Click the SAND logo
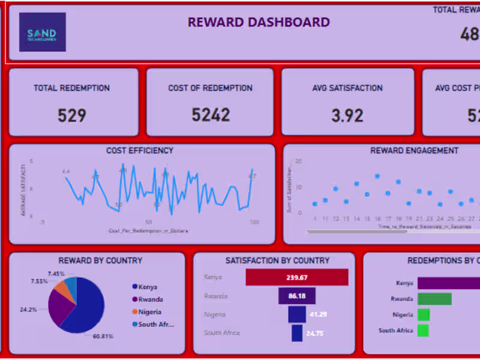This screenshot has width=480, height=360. point(42,32)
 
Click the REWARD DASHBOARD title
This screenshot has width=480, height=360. point(259,22)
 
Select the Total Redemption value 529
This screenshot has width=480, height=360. point(71,115)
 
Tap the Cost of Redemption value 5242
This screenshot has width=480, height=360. point(211,115)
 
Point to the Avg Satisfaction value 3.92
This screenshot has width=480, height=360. point(347,115)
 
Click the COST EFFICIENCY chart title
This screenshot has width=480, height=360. point(140,151)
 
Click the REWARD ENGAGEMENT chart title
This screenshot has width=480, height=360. point(414,151)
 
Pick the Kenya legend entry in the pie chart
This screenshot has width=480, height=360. point(146,287)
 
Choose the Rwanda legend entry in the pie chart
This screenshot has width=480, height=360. point(149,299)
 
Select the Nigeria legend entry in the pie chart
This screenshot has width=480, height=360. point(149,311)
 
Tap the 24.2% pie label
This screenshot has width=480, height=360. point(28,310)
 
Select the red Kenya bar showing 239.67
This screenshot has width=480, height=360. point(297,277)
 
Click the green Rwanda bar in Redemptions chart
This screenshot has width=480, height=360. point(434,299)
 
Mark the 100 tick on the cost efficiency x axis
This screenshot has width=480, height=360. point(254,222)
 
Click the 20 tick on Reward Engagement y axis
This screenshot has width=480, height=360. point(298,161)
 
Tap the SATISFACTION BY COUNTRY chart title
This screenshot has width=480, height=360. point(277,260)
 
